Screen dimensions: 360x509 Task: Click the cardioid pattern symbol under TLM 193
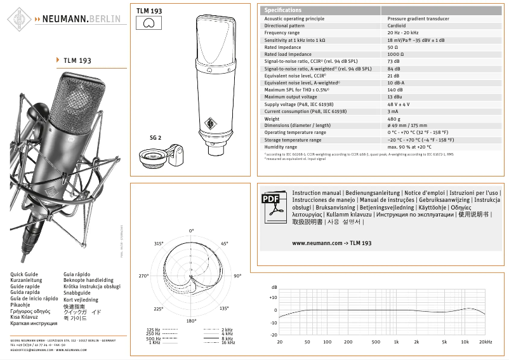(x=149, y=23)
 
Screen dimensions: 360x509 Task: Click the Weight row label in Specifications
(x=272, y=119)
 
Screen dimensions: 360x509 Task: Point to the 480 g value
(x=393, y=119)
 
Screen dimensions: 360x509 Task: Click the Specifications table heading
(x=283, y=10)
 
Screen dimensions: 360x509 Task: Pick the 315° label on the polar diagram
(x=159, y=243)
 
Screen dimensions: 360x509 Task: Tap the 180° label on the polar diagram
(x=191, y=321)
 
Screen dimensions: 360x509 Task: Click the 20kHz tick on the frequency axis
(x=486, y=342)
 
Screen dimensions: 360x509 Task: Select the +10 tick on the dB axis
(x=273, y=298)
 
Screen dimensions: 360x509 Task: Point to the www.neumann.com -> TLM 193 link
(x=331, y=243)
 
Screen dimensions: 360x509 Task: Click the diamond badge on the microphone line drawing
(x=209, y=123)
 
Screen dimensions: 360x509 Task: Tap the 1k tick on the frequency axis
(x=395, y=342)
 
